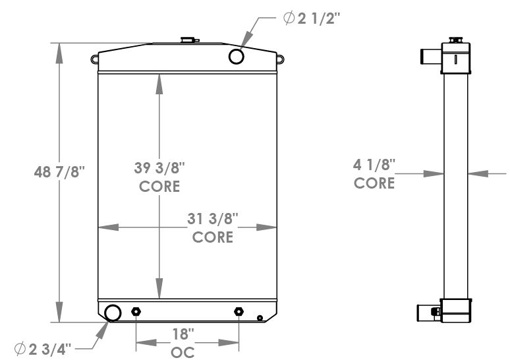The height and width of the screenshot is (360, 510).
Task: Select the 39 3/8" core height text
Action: (x=159, y=168)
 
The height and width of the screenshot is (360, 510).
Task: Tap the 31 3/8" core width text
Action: (x=213, y=218)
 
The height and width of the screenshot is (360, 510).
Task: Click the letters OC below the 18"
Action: (x=183, y=352)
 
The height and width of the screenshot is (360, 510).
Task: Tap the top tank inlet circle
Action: (x=237, y=57)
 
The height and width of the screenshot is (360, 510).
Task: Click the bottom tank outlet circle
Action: (x=113, y=313)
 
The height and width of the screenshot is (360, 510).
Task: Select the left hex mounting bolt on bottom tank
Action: (x=136, y=312)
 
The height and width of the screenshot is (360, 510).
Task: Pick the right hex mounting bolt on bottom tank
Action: (x=238, y=312)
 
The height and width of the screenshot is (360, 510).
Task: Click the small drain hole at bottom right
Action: (x=260, y=318)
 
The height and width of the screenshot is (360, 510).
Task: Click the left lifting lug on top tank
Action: (x=95, y=60)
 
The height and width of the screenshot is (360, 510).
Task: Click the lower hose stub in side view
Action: (x=428, y=311)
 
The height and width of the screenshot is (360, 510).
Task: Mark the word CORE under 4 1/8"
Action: (x=374, y=183)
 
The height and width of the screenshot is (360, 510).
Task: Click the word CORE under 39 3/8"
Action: (x=159, y=187)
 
